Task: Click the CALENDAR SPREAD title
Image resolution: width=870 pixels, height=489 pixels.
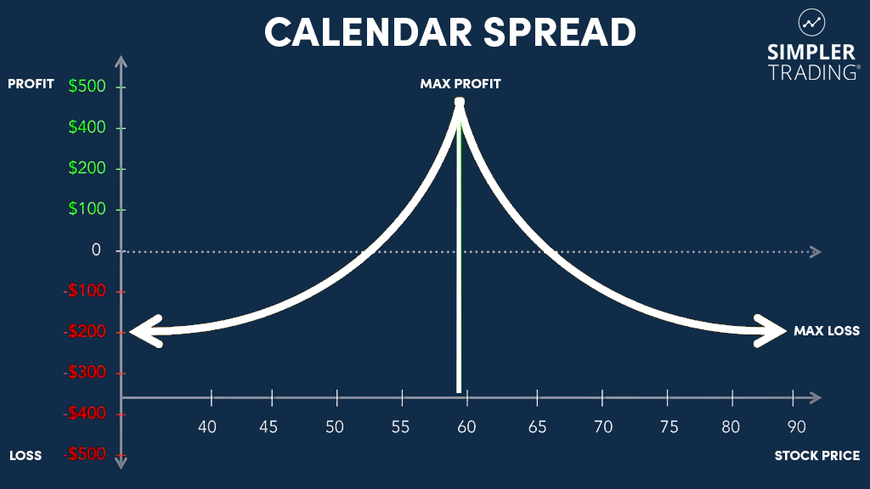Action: pyautogui.click(x=450, y=33)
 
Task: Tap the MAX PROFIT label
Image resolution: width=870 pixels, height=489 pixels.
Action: pyautogui.click(x=460, y=84)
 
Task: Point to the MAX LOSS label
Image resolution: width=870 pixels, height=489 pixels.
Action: pyautogui.click(x=827, y=331)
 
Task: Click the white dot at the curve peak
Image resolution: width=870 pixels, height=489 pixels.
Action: pyautogui.click(x=460, y=103)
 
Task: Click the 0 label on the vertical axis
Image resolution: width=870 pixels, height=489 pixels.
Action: pyautogui.click(x=96, y=250)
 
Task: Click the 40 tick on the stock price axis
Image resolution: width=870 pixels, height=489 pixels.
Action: pyautogui.click(x=207, y=426)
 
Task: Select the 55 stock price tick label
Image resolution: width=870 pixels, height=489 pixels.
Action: pyautogui.click(x=400, y=426)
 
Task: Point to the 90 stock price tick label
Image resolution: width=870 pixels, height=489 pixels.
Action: pyautogui.click(x=797, y=426)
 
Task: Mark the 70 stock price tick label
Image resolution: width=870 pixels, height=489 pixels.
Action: pyautogui.click(x=602, y=426)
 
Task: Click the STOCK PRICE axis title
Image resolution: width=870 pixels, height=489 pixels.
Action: pyautogui.click(x=816, y=456)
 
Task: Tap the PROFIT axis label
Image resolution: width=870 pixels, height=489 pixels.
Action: pyautogui.click(x=31, y=84)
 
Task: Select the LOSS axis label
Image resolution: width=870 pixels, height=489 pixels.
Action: pyautogui.click(x=25, y=456)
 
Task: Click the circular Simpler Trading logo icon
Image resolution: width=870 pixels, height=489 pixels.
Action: pyautogui.click(x=812, y=23)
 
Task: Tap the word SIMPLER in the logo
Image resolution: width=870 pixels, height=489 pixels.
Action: pyautogui.click(x=812, y=53)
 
